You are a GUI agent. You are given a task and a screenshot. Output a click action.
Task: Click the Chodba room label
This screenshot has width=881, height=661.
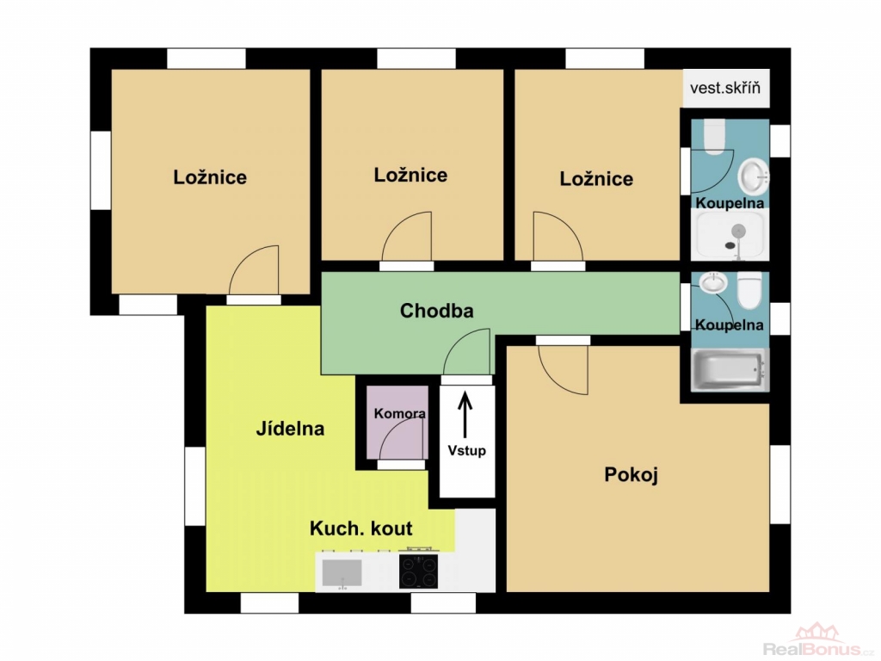point(436,311)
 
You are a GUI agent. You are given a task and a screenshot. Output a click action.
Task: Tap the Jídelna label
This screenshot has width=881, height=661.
point(290,429)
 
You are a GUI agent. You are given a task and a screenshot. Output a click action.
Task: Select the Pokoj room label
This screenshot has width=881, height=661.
point(631,475)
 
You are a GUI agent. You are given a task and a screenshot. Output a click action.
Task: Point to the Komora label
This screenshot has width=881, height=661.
point(399,414)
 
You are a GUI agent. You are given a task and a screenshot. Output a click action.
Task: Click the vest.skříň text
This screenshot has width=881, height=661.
point(724,89)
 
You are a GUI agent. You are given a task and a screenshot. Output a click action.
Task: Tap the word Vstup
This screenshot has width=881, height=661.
point(466,450)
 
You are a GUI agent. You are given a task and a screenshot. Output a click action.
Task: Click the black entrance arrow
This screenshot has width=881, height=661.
point(465,415)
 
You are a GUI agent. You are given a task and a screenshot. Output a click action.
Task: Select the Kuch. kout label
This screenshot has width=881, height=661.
point(360,528)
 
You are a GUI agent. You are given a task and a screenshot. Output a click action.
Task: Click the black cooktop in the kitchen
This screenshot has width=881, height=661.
point(418,571)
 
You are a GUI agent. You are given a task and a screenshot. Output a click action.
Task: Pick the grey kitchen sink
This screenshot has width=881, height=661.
point(342,572)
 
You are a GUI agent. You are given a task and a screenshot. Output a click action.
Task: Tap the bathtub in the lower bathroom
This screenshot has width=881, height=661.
point(730,369)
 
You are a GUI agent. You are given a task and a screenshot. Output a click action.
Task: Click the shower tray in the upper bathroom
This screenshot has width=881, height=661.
point(730,236)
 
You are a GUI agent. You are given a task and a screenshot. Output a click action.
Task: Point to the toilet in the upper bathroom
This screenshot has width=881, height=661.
point(715,137)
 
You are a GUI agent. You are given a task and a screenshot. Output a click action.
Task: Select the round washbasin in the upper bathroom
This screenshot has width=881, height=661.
point(753,175)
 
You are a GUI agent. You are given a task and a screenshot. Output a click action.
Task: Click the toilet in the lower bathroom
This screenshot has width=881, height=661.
point(749,290)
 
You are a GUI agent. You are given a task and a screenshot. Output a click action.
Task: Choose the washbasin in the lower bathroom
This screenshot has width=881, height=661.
point(713,282)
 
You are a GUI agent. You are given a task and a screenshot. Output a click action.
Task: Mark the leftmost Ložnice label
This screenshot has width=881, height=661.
point(210,177)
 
